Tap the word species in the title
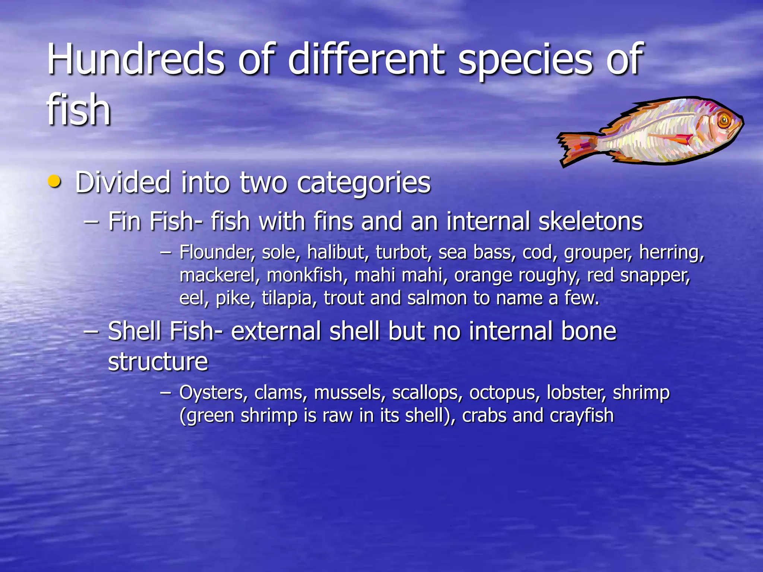(525, 60)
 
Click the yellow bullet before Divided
(54, 181)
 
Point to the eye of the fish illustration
(724, 120)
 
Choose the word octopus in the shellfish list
(503, 393)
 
